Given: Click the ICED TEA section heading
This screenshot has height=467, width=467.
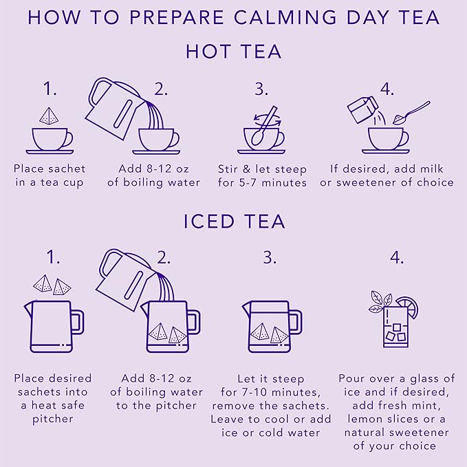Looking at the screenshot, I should (233, 221).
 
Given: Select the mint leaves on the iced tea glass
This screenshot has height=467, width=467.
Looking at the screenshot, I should (380, 302).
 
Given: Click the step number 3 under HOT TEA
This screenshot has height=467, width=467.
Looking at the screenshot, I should (261, 88).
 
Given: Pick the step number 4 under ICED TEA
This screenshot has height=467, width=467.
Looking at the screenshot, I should (396, 257).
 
